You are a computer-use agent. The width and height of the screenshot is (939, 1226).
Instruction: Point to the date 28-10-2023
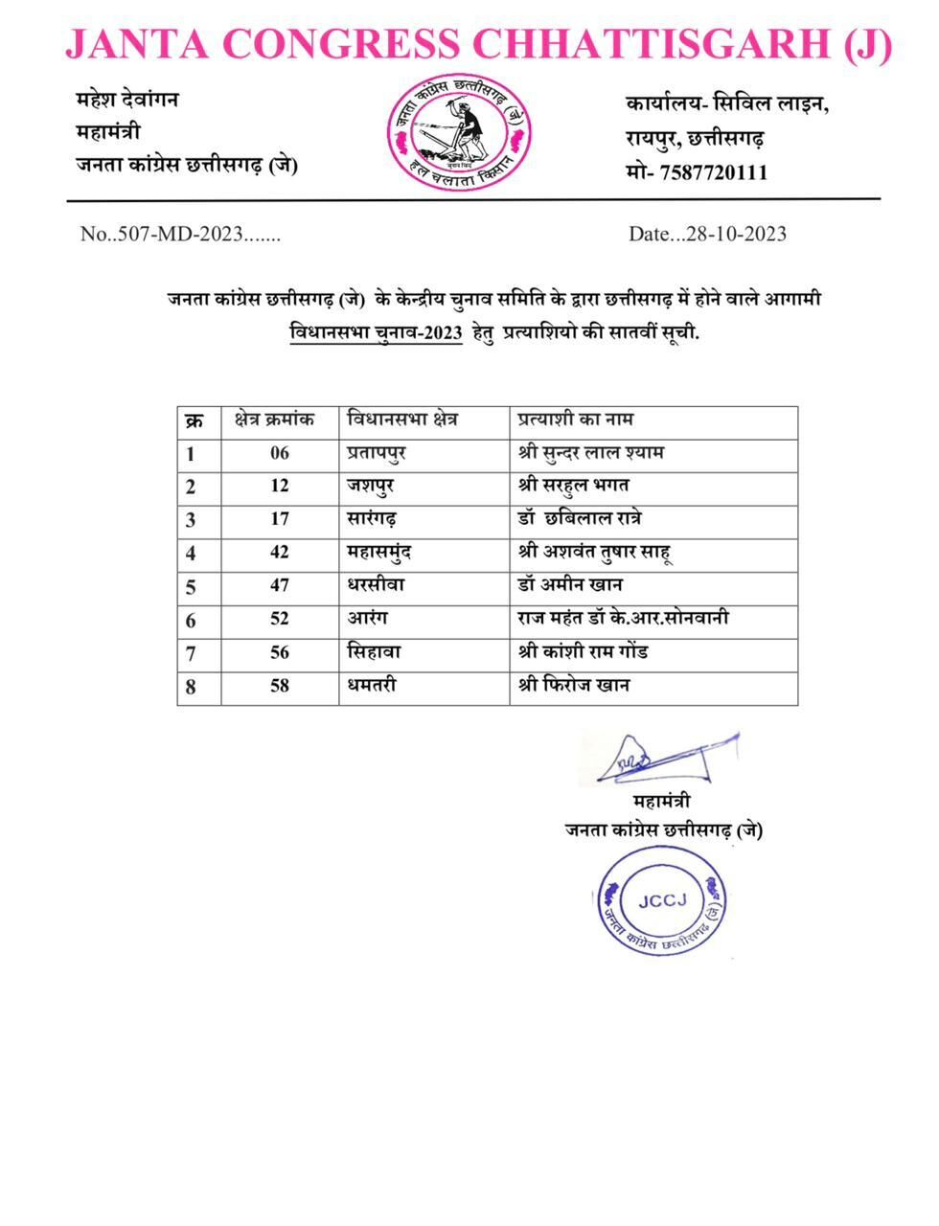coord(731,234)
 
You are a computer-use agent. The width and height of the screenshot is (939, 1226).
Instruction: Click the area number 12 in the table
coord(279,486)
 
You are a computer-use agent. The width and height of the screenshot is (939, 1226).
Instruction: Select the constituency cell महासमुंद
coord(380,553)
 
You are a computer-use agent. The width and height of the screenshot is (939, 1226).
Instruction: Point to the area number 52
coord(279,619)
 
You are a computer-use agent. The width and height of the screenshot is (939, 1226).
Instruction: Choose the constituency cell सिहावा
coord(374,652)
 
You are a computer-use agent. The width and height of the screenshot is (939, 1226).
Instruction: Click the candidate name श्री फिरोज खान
coord(573,686)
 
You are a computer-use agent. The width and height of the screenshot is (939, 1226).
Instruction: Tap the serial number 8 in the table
coord(192,687)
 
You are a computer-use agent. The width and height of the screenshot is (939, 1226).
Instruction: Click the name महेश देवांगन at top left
coord(126,100)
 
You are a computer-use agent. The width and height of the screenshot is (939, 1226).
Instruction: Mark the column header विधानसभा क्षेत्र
coord(403,420)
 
